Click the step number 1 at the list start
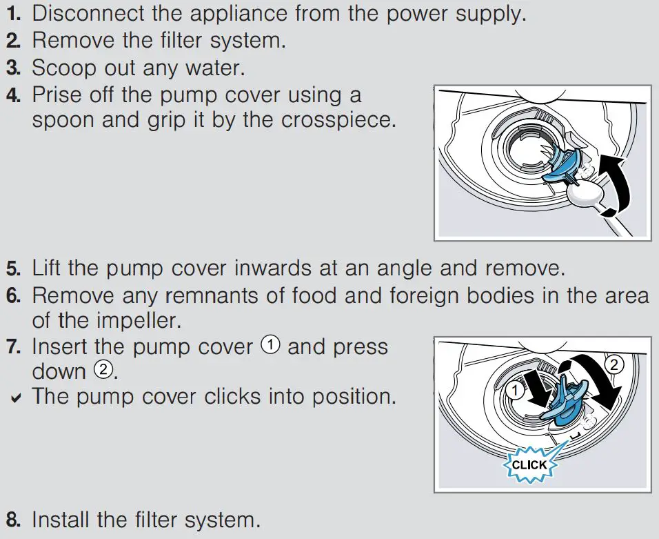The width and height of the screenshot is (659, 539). pyautogui.click(x=13, y=13)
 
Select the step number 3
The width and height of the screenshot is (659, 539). pyautogui.click(x=13, y=68)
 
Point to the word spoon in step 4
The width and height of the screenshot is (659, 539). pyautogui.click(x=64, y=120)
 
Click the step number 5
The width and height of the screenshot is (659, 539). pyautogui.click(x=13, y=268)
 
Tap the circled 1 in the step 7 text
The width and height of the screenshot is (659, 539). pyautogui.click(x=270, y=346)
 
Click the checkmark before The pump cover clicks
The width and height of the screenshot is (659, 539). pyautogui.click(x=14, y=398)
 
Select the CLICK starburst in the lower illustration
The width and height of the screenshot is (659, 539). pyautogui.click(x=529, y=464)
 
